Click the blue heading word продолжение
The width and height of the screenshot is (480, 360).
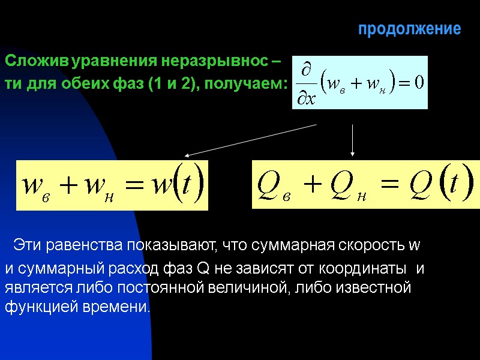[409, 29]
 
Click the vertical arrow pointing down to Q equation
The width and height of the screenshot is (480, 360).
[352, 140]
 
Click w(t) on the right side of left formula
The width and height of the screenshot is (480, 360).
[177, 185]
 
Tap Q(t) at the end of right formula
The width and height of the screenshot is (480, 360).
[440, 184]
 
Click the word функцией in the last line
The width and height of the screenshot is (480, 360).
[40, 307]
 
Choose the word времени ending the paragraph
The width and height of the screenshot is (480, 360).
[119, 307]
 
